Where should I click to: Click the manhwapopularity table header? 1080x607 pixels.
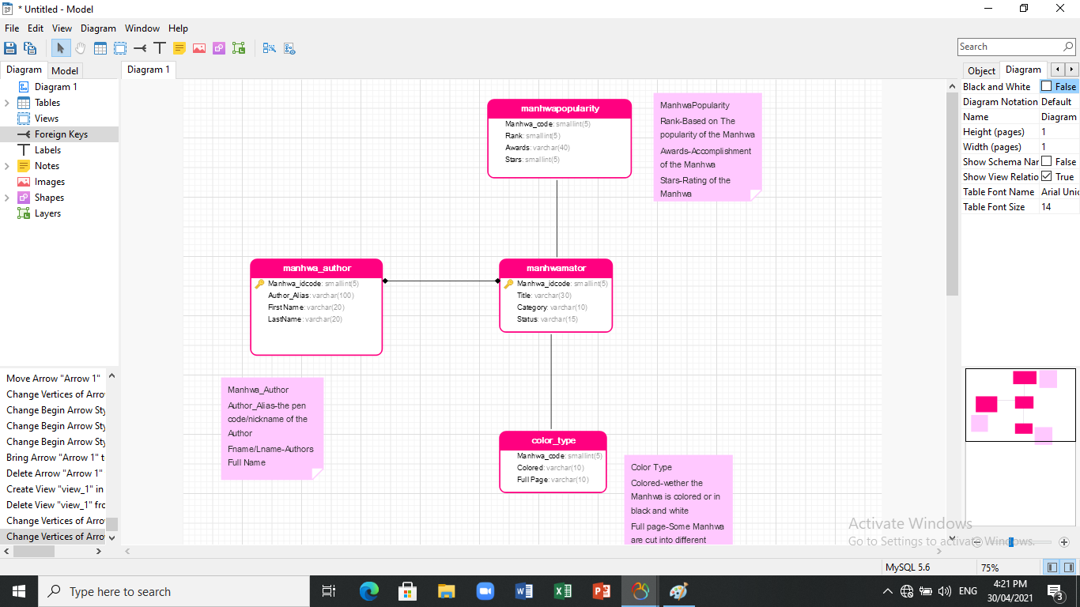[x=559, y=108]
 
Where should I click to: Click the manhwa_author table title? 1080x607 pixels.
[x=316, y=268]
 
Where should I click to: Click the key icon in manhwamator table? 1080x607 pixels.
[x=508, y=284]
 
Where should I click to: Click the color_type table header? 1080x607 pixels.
[x=553, y=440]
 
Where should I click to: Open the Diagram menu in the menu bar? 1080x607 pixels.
[x=98, y=28]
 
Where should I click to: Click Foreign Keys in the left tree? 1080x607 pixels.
[x=61, y=134]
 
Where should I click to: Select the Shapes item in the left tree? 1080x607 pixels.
[x=49, y=198]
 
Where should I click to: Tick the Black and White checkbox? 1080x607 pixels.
[x=1047, y=87]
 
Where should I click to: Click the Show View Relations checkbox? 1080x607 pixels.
[x=1047, y=177]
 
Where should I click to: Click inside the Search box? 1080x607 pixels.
[x=1010, y=47]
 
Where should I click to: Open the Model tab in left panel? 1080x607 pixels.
[x=65, y=70]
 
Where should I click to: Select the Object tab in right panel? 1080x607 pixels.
[x=981, y=70]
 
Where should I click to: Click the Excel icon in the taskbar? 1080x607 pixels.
[x=563, y=591]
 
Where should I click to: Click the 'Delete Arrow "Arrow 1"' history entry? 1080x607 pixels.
[x=55, y=473]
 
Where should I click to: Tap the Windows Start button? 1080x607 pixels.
[x=18, y=591]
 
